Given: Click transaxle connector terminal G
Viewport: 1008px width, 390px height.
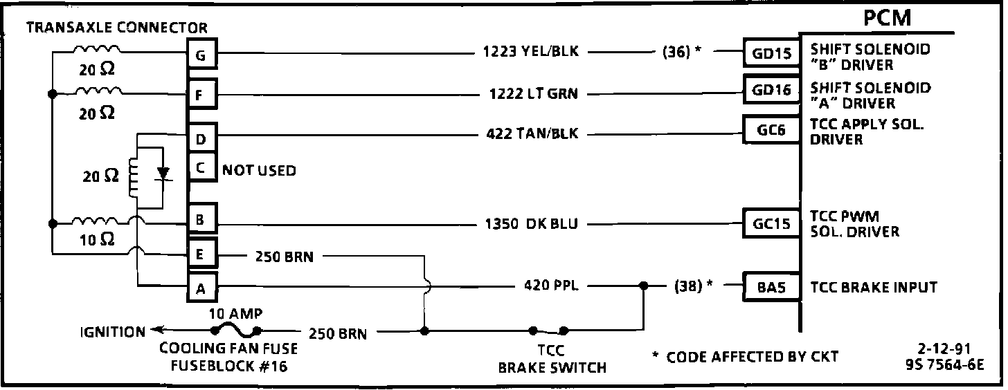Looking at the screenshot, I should tap(201, 55).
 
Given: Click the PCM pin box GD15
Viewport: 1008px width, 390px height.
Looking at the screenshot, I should tap(771, 53).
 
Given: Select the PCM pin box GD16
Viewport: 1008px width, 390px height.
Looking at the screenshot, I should tap(771, 90).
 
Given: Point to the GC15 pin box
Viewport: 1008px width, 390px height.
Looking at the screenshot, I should tap(771, 223).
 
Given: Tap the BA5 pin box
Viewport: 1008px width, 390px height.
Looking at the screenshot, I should tap(771, 287).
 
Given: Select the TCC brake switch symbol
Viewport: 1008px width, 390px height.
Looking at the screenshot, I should tap(548, 330).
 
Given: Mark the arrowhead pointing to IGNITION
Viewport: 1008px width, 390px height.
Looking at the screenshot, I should tap(158, 331).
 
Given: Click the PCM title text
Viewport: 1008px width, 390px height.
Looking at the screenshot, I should tap(887, 18).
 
